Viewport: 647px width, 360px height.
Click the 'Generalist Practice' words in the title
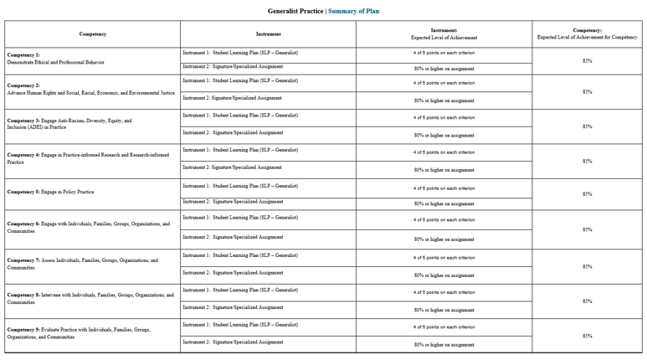click(295, 11)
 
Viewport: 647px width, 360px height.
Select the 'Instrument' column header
click(268, 33)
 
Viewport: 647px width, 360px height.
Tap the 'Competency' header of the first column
click(92, 33)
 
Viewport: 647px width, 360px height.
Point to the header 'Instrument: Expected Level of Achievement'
click(444, 33)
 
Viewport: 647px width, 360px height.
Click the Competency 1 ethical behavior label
click(55, 59)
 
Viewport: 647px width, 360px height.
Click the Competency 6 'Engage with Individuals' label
click(88, 228)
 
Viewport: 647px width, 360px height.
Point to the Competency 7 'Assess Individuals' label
click(82, 264)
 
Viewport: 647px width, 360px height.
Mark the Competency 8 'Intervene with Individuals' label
click(90, 298)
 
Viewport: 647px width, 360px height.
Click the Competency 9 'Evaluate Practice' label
click(79, 333)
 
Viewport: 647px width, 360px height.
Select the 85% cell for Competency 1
click(587, 60)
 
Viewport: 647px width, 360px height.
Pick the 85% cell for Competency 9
click(587, 336)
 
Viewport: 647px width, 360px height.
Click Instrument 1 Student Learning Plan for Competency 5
click(240, 186)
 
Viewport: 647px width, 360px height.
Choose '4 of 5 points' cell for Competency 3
click(444, 118)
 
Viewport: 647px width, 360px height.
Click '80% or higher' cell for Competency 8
click(444, 310)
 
